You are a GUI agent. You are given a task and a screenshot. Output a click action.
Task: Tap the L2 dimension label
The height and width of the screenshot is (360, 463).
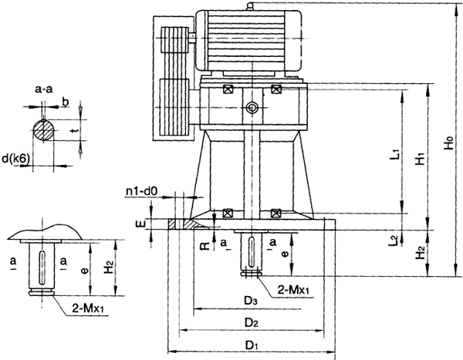tap(394, 241)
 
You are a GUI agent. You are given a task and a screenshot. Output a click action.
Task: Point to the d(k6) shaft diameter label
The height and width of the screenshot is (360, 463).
tap(15, 159)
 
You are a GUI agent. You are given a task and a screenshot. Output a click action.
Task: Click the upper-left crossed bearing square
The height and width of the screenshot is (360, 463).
tap(228, 89)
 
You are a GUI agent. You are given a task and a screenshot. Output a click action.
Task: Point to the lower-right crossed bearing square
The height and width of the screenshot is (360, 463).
tap(277, 214)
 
